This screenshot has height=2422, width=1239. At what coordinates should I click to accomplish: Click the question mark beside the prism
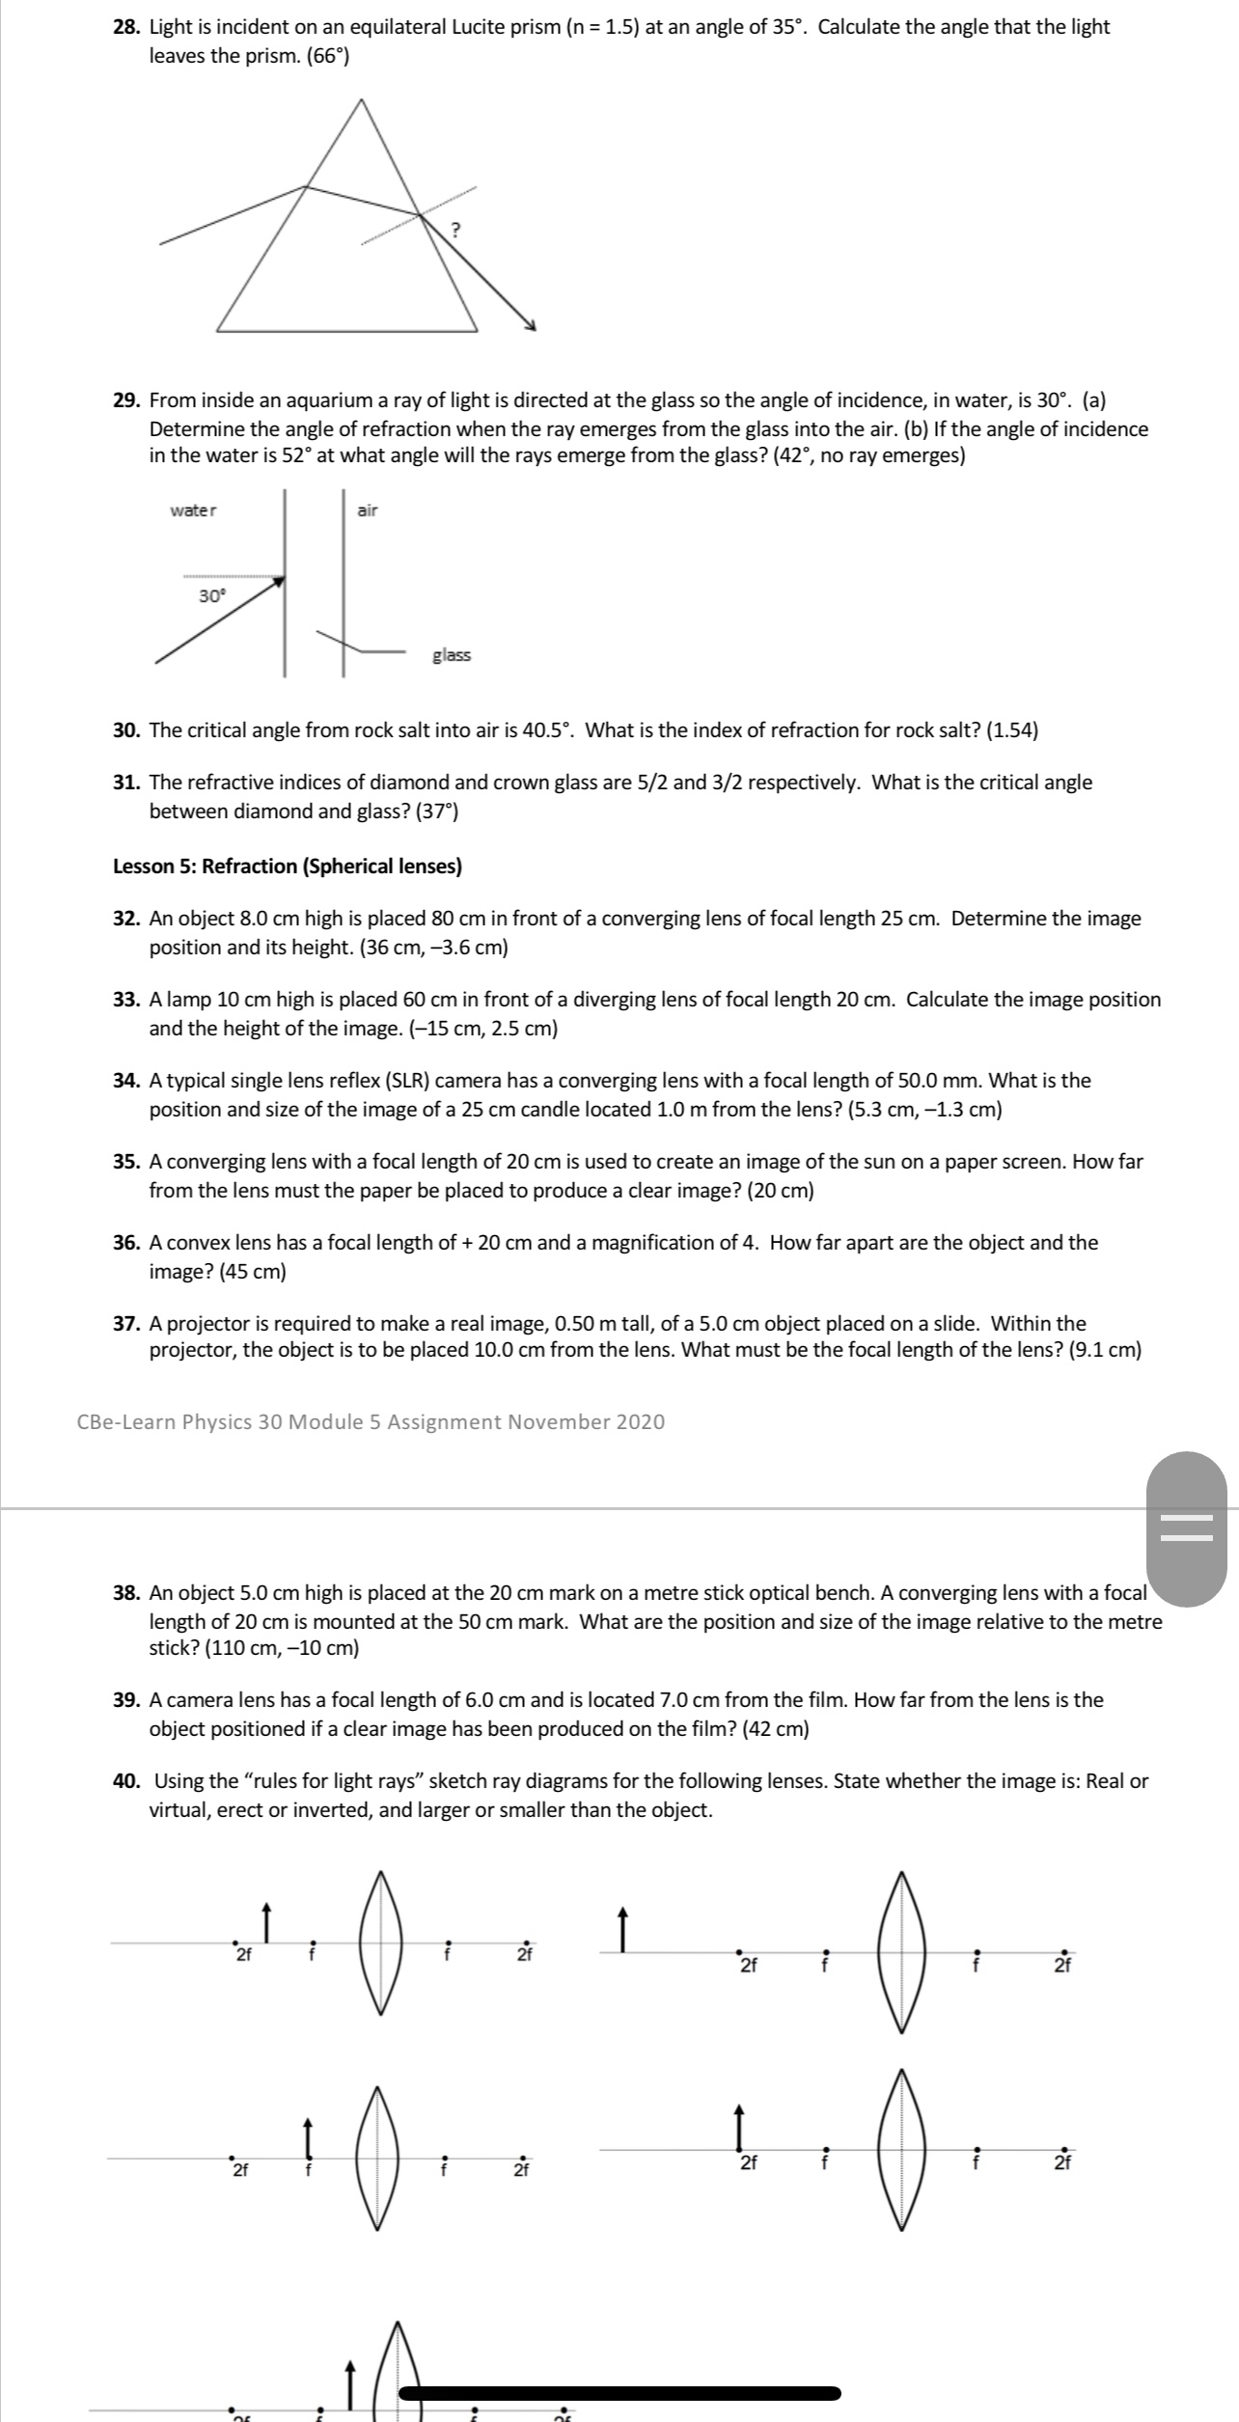pos(457,230)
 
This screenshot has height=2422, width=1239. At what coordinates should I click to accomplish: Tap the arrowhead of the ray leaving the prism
pos(529,325)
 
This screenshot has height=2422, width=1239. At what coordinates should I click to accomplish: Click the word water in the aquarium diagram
pos(194,510)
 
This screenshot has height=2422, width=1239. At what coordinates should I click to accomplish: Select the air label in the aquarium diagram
pos(368,510)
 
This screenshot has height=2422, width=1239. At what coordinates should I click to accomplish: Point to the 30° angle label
pos(211,596)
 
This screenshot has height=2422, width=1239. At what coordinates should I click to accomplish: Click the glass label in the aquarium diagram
pos(452,655)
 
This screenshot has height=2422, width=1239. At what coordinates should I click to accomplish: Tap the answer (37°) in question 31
pos(436,811)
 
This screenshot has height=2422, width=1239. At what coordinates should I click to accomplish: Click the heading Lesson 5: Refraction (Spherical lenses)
pos(288,866)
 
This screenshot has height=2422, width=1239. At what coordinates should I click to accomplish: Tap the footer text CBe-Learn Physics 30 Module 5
pos(371,1421)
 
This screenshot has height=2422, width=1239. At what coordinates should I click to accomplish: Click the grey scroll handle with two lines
pos(1186,1529)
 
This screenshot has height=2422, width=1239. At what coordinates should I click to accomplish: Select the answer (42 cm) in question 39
pos(776,1727)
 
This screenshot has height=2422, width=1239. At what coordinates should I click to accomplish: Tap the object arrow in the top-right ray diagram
pos(623,1930)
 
